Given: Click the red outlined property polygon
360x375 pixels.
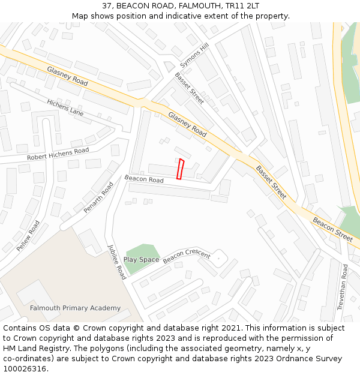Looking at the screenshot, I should point(181,169).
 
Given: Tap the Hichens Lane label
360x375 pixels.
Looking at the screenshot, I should point(65,107).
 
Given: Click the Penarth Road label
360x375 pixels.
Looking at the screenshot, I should point(98,197).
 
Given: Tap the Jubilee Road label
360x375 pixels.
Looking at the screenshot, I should point(117,262).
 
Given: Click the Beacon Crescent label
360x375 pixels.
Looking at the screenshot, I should point(187,256).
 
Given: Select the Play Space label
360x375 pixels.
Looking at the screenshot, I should point(141,260).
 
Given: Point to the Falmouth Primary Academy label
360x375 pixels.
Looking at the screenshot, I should point(75,308).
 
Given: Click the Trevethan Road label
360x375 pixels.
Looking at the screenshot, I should point(343,287).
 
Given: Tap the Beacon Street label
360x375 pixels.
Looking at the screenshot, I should point(332,229).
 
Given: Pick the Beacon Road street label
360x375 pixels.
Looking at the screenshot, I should point(144,179).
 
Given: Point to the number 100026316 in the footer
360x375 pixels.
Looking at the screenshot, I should point(25,369).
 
